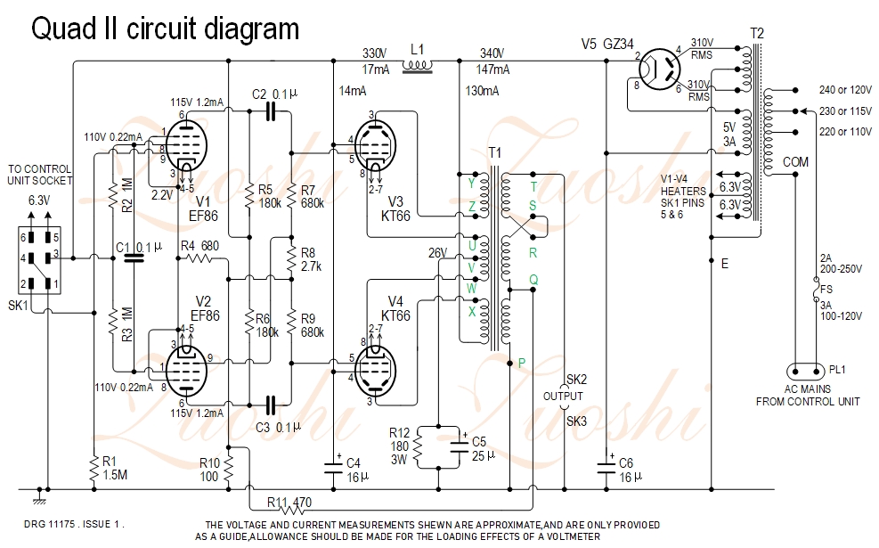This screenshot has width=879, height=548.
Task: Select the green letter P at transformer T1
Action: (522, 363)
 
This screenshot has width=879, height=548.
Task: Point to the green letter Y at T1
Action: (472, 184)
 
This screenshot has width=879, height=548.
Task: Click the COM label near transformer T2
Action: (796, 162)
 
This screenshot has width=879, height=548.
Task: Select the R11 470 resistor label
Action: (291, 503)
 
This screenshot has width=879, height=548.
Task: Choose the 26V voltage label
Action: (437, 252)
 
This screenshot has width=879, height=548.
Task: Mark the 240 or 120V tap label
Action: (847, 91)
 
